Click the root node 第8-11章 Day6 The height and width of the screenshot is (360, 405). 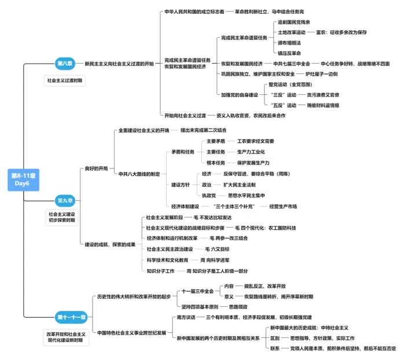click(x=22, y=178)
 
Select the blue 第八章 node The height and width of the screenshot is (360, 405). click(x=64, y=63)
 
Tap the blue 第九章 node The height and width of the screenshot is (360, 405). click(x=65, y=201)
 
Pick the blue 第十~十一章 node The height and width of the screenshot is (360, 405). click(x=71, y=317)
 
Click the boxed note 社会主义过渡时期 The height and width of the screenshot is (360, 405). click(x=65, y=81)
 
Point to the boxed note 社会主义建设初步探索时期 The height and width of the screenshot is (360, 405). click(x=65, y=218)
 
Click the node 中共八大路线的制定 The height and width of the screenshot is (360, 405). click(x=139, y=174)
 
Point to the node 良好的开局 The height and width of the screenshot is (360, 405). click(x=96, y=168)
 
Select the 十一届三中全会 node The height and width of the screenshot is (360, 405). click(x=198, y=291)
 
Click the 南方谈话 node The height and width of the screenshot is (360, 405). click(x=186, y=317)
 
